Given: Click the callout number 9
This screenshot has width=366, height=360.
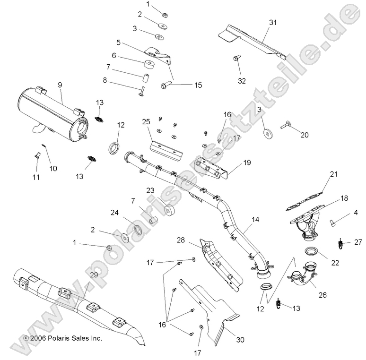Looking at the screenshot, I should [60, 85].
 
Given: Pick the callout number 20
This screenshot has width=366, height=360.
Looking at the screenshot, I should [304, 135].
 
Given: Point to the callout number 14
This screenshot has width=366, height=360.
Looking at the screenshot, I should [256, 219].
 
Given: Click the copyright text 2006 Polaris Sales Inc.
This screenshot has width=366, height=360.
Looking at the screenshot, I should [62, 338].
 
